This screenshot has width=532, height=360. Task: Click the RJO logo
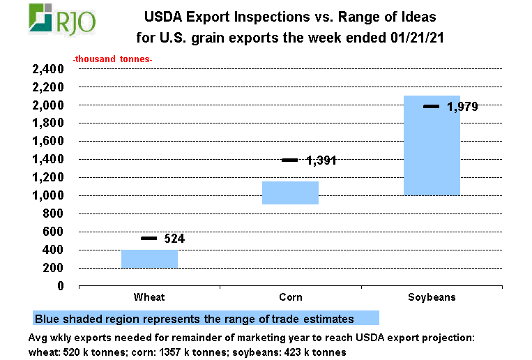click(62, 19)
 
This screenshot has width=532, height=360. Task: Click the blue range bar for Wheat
click(150, 259)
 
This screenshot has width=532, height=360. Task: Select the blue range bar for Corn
click(291, 193)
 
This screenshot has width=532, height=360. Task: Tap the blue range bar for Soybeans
click(432, 145)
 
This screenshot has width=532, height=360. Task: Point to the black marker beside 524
click(149, 239)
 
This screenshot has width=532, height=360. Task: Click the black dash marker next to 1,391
click(290, 160)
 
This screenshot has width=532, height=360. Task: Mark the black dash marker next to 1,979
click(431, 107)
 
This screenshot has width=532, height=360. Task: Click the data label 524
click(174, 239)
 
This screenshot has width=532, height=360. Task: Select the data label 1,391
click(321, 160)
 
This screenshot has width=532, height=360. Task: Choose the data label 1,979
click(462, 107)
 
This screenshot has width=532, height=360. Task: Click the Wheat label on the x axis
click(149, 297)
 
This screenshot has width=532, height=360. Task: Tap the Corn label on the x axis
click(291, 297)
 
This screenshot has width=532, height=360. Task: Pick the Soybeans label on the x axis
click(432, 297)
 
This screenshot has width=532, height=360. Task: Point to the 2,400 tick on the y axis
click(48, 69)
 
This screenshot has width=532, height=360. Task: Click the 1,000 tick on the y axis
click(48, 195)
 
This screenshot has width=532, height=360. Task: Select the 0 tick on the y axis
click(61, 286)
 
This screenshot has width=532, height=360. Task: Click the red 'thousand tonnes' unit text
click(113, 59)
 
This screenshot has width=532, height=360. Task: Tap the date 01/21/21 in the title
click(417, 38)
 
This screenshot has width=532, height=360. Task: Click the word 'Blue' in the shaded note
click(47, 320)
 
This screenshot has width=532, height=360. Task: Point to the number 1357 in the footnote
click(171, 352)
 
